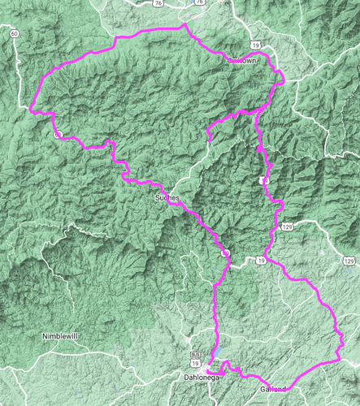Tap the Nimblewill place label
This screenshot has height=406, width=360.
click(x=63, y=335)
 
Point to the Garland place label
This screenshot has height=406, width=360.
click(x=274, y=391)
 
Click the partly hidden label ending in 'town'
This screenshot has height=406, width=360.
click(x=243, y=61)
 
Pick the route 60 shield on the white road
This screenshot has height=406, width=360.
click(x=14, y=33)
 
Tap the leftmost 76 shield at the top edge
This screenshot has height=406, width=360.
click(x=157, y=4)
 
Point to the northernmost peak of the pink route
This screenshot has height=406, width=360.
click(x=185, y=24)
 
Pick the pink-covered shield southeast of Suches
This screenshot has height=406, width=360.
click(x=226, y=255)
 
